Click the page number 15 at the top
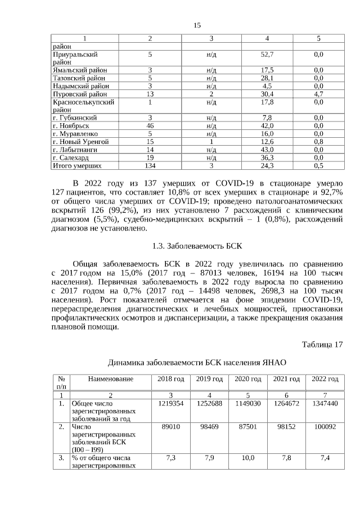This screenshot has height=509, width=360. click(x=197, y=25)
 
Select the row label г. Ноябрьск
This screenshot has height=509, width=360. click(x=73, y=126)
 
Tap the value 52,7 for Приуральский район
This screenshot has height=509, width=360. click(x=267, y=55)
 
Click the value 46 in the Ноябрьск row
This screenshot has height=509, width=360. click(x=150, y=126)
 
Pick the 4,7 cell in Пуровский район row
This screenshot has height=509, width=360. click(x=318, y=94)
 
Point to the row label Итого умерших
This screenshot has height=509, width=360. click(x=77, y=166)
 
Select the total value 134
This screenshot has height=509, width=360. click(x=150, y=166)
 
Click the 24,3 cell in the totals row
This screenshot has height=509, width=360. click(x=267, y=166)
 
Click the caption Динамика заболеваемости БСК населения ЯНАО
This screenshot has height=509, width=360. click(x=197, y=363)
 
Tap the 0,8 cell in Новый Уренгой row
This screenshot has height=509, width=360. click(x=318, y=142)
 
